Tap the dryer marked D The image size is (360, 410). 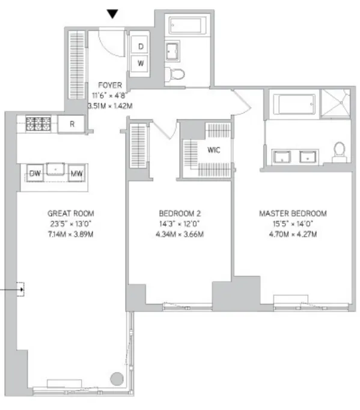coord(141,46)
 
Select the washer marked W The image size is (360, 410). coord(141,63)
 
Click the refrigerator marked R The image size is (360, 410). coord(72,124)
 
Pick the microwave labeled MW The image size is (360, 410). coord(76,173)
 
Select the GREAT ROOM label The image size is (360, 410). coord(71,213)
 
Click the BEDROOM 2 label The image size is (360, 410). coord(178,213)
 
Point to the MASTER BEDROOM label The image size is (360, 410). coord(292,213)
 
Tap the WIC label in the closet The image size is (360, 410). coord(213,150)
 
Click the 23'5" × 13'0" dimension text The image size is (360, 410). coord(71,223)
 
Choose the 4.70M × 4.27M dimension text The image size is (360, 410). coord(292,234)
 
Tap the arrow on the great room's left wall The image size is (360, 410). coord(22,291)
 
